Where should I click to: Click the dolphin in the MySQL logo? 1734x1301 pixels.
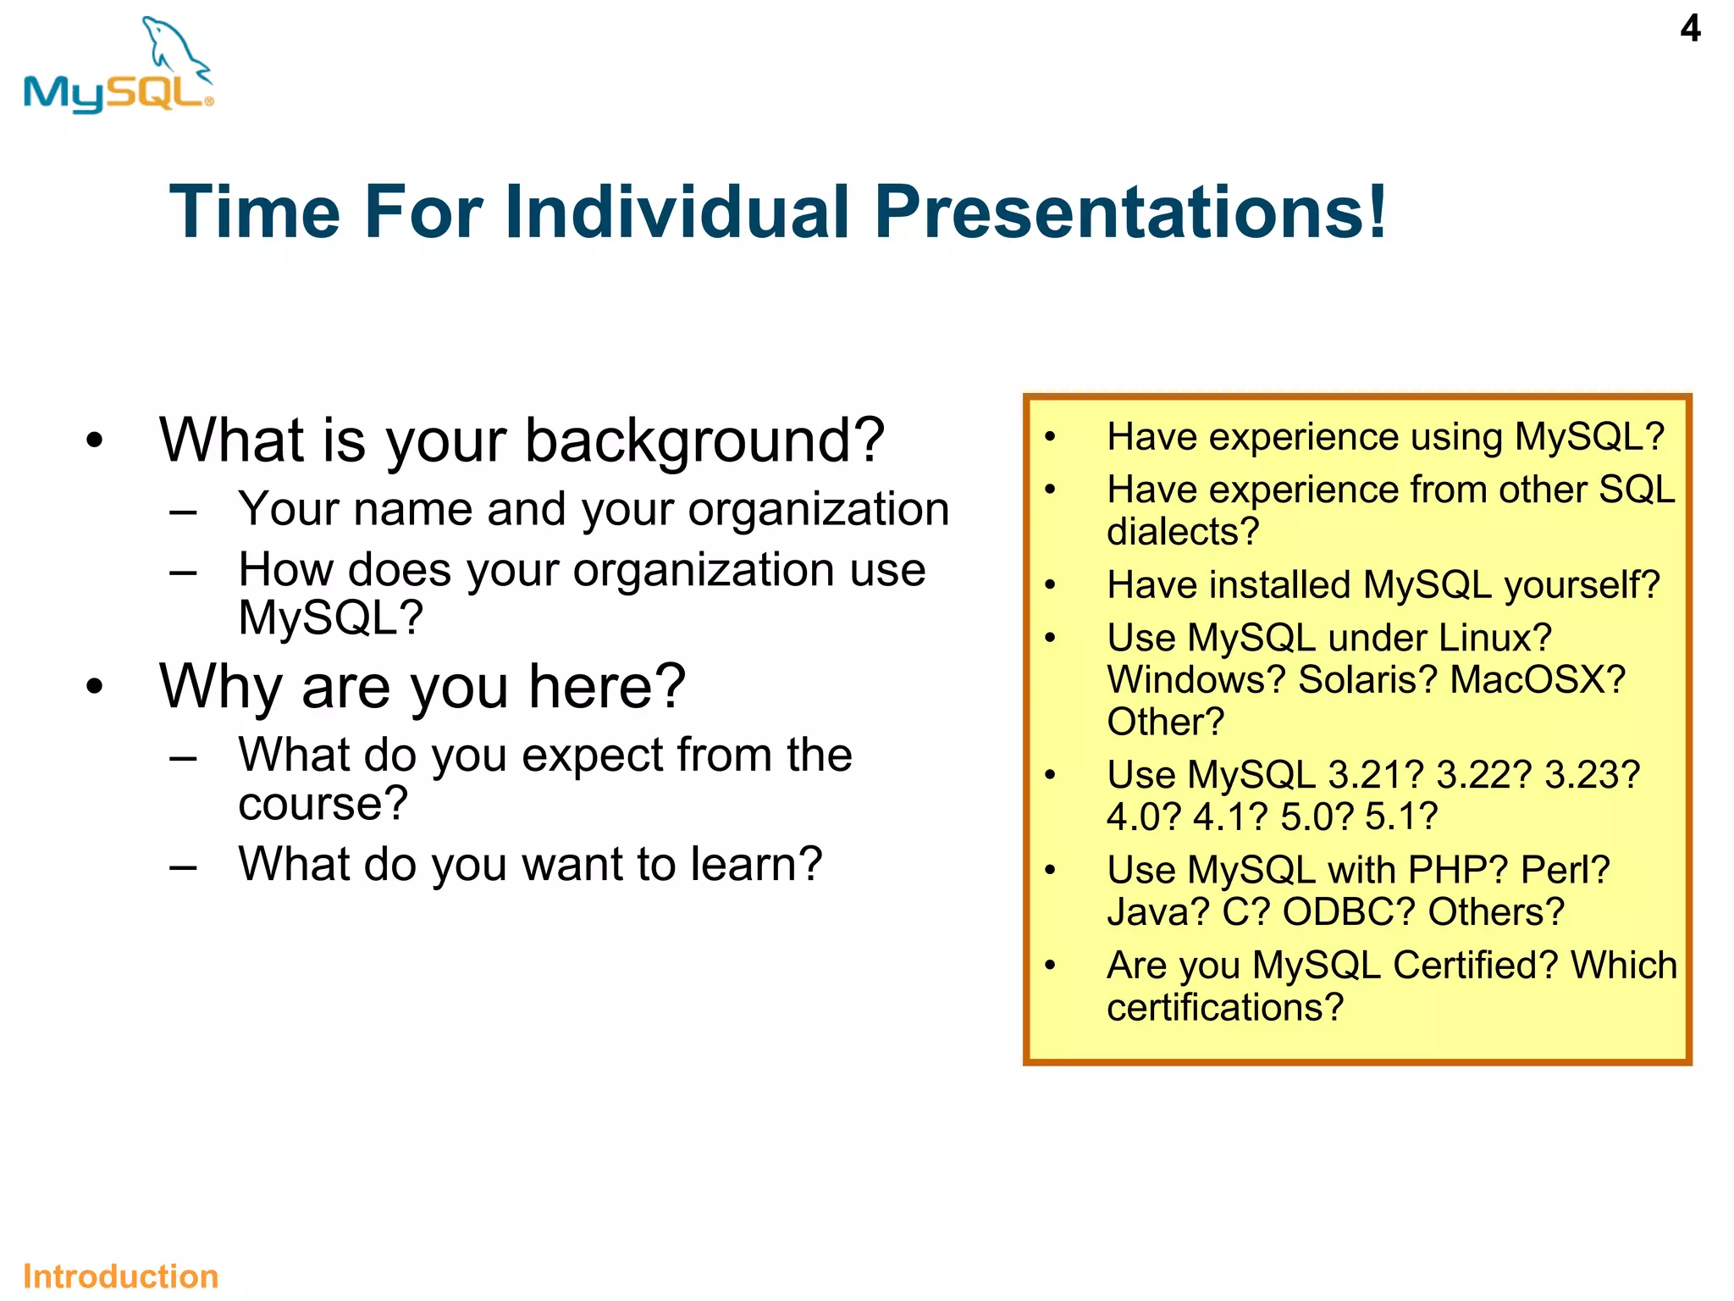175,47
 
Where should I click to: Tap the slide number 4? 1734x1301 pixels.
1690,29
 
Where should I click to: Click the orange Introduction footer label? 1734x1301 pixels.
120,1276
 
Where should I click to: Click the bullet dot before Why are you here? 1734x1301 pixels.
94,686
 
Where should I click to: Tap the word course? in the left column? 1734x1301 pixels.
323,803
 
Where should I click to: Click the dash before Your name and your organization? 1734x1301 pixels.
183,512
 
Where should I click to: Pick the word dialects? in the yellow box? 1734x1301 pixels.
1183,532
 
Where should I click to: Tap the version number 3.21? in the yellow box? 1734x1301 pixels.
1376,775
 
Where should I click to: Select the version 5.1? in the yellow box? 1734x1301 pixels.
1401,817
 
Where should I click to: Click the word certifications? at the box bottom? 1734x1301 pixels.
1225,1007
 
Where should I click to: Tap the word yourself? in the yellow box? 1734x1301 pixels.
1582,585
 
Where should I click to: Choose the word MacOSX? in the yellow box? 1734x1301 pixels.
1538,679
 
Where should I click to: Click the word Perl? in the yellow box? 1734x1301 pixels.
1565,870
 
